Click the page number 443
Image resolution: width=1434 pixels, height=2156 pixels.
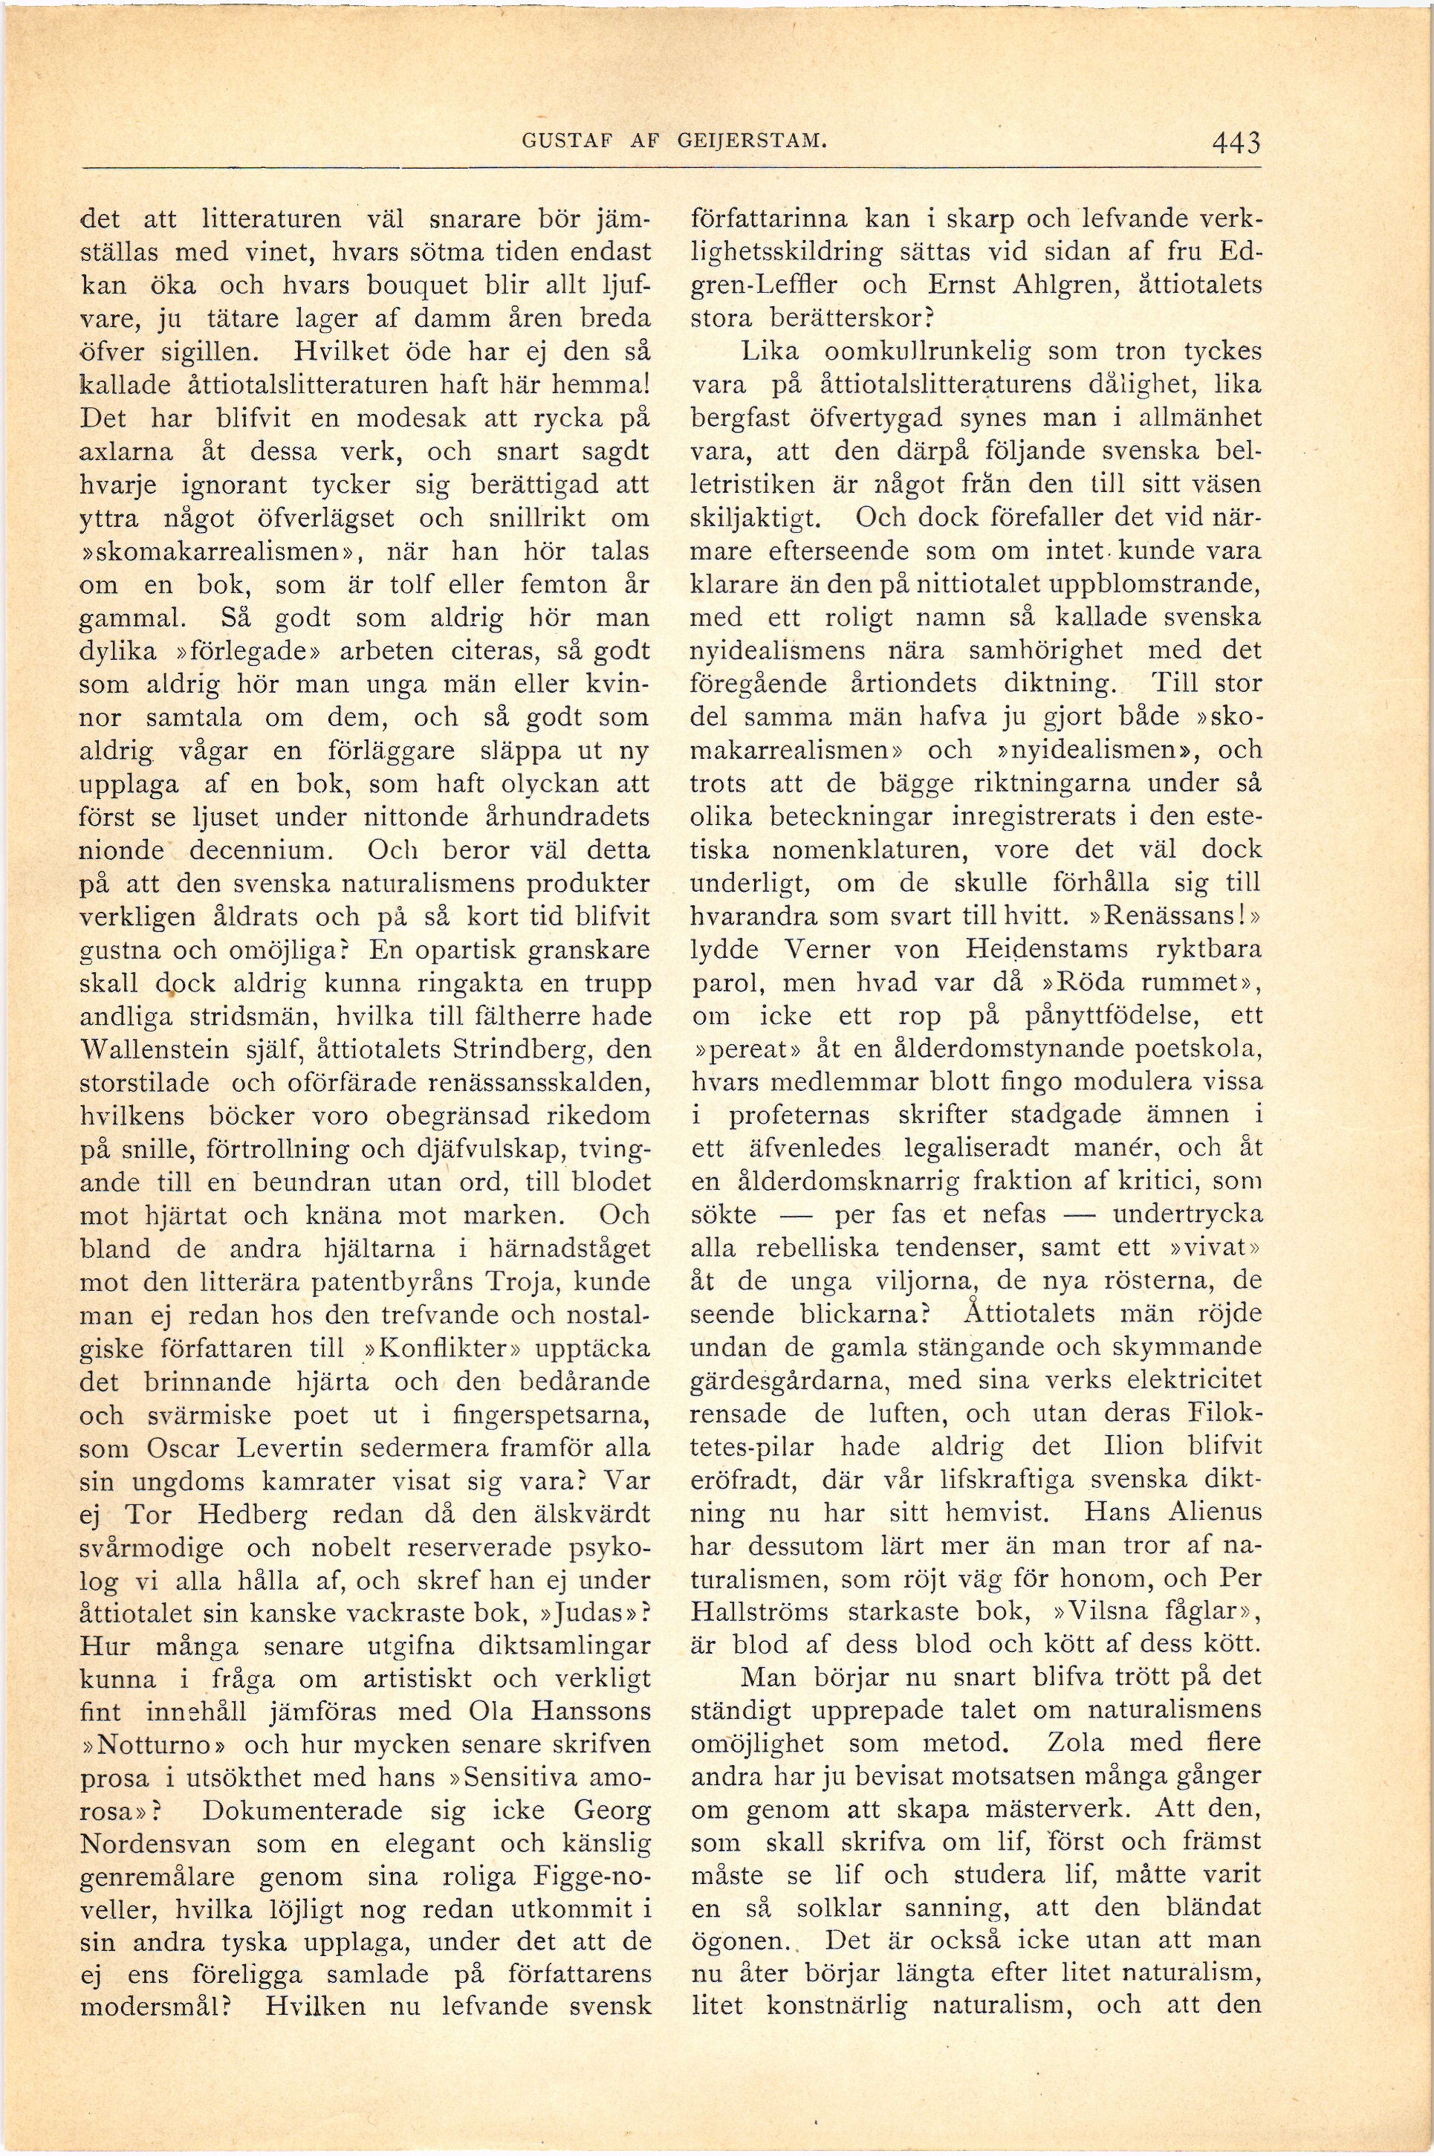1236,143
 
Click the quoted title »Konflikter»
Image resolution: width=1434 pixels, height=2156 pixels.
412,1348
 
